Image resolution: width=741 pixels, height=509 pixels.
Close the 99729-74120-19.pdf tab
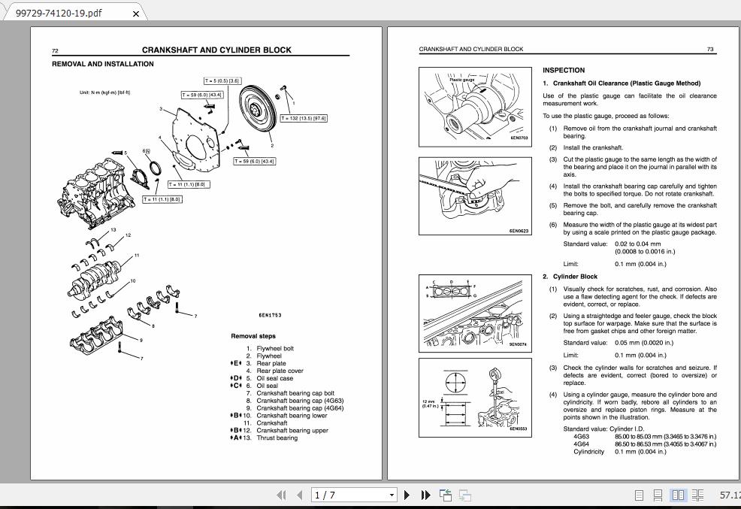coord(135,14)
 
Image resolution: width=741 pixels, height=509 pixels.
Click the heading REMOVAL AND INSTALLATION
coord(103,64)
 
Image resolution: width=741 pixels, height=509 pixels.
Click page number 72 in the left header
coord(55,50)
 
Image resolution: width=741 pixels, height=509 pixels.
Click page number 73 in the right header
coord(710,49)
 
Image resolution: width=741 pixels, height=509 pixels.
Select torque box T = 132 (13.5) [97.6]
coord(304,118)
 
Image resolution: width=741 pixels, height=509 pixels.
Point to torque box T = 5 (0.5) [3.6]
coord(222,80)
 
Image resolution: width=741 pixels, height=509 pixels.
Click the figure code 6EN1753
coord(270,316)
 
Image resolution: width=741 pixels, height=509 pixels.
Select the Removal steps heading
coord(253,336)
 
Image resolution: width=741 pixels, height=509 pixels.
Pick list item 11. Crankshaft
coord(271,423)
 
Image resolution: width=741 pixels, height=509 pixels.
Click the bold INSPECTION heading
coord(564,71)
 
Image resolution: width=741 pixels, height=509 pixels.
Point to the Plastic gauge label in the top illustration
coord(461,80)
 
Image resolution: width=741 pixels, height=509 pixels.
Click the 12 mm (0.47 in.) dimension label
coord(431,404)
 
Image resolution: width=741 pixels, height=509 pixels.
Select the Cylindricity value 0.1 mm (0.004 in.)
coord(640,452)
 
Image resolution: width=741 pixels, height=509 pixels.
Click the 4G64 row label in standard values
coord(581,444)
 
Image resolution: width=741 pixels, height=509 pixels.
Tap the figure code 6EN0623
coord(519,231)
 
